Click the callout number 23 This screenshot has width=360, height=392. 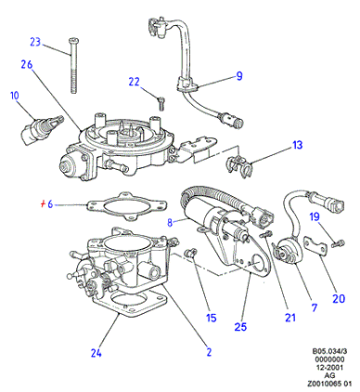pyautogui.click(x=35, y=42)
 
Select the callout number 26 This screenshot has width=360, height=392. pyautogui.click(x=27, y=64)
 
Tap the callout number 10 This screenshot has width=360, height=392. pyautogui.click(x=15, y=96)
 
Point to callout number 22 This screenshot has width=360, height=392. pyautogui.click(x=135, y=82)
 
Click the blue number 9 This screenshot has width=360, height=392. pyautogui.click(x=239, y=76)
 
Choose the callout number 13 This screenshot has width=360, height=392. pyautogui.click(x=298, y=145)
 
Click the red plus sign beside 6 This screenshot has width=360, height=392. pyautogui.click(x=44, y=204)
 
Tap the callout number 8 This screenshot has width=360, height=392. pyautogui.click(x=170, y=222)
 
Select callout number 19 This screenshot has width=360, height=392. pyautogui.click(x=315, y=216)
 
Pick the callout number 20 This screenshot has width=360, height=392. pyautogui.click(x=339, y=298)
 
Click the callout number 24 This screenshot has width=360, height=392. pyautogui.click(x=96, y=353)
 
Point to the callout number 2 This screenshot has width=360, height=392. pyautogui.click(x=209, y=352)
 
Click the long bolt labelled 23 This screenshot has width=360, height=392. pyautogui.click(x=73, y=66)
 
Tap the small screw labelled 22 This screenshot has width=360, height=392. pyautogui.click(x=161, y=103)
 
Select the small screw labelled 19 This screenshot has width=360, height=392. pyautogui.click(x=338, y=244)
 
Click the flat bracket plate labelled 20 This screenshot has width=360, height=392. pyautogui.click(x=315, y=246)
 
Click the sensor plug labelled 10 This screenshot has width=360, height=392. pyautogui.click(x=42, y=131)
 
